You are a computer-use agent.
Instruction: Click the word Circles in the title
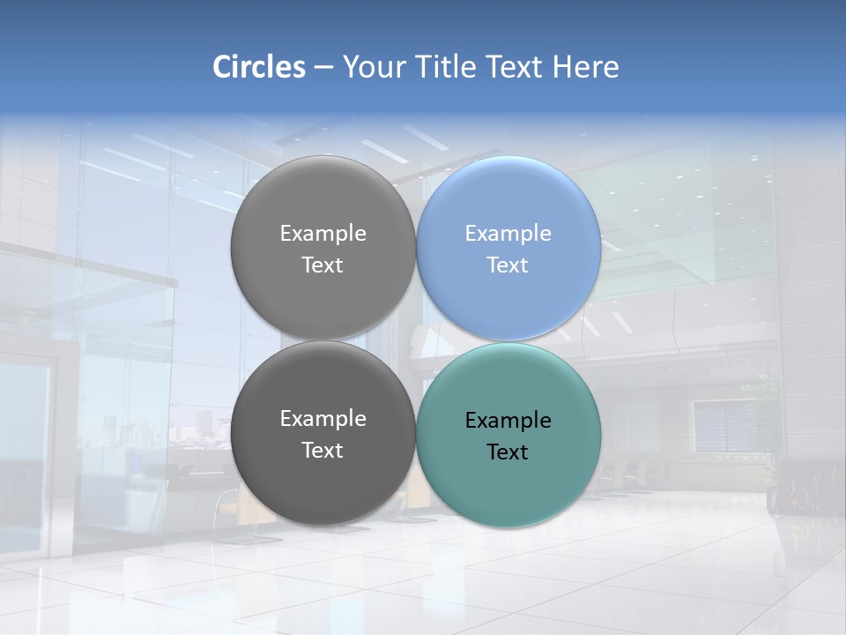coord(258,67)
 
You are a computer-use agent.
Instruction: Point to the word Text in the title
coord(516,67)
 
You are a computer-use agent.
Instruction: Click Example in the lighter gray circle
coord(323,234)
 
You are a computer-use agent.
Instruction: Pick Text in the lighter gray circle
coord(323,265)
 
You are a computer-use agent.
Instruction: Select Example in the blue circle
coord(508,234)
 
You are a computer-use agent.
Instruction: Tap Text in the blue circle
coord(508,265)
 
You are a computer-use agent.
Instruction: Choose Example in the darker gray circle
coord(323,419)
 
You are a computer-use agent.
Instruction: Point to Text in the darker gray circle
coord(323,451)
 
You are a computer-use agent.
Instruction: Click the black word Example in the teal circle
coord(508,421)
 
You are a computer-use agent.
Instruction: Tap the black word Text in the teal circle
coord(508,452)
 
